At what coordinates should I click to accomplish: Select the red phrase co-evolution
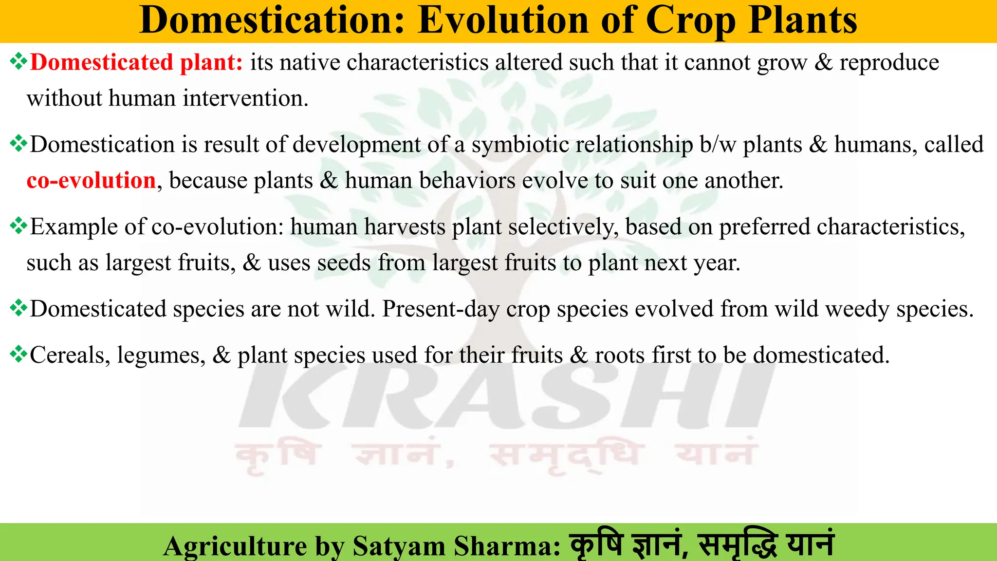91,181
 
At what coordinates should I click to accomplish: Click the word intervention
245,98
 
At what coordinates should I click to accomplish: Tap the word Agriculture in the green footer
235,546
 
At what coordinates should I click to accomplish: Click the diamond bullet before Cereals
18,354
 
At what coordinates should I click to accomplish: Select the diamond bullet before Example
18,225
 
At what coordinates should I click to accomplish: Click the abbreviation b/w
718,145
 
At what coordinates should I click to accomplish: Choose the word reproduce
889,63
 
